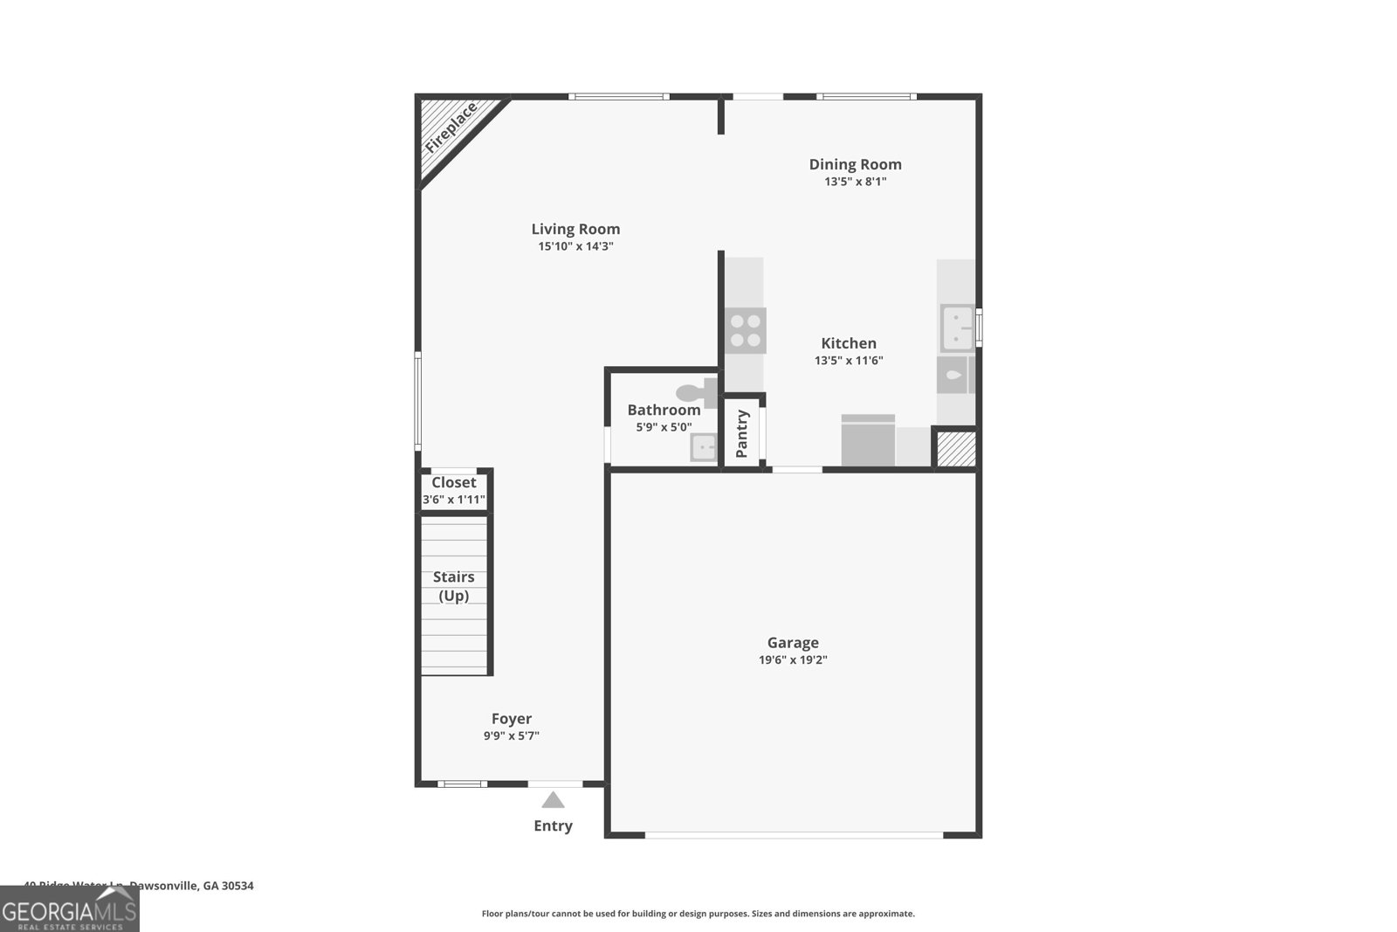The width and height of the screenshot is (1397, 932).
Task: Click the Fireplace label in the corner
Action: (x=451, y=128)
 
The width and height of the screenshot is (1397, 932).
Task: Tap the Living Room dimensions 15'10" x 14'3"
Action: (x=575, y=246)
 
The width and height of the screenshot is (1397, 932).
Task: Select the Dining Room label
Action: (x=855, y=164)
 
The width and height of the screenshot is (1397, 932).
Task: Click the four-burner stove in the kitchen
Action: (x=746, y=330)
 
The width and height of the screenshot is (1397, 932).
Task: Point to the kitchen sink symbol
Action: (x=957, y=327)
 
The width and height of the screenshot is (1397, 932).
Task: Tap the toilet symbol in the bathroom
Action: (x=698, y=393)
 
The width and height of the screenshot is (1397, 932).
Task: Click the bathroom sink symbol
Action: (x=703, y=448)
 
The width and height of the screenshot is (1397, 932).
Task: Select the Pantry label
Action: (x=742, y=433)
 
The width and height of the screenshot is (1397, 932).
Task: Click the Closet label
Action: (x=454, y=482)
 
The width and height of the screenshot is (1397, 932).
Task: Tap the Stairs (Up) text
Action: (x=454, y=586)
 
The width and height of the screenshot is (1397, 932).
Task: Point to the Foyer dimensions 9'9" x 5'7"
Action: (x=512, y=735)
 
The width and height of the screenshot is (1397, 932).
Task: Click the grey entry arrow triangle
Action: (x=553, y=800)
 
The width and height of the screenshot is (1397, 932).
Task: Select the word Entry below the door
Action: (x=553, y=825)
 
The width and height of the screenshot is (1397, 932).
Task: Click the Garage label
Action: (x=793, y=642)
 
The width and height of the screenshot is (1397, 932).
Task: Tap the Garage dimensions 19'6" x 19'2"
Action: (x=793, y=659)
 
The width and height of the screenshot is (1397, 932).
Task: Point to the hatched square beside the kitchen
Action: (x=955, y=449)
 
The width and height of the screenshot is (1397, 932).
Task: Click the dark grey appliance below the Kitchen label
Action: (x=868, y=441)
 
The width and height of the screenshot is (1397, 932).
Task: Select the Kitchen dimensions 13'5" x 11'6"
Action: (x=849, y=360)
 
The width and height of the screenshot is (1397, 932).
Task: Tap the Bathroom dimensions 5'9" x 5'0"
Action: (x=664, y=427)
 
